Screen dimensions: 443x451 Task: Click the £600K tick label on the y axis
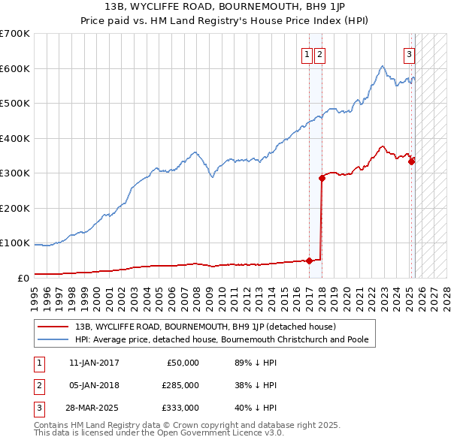(x=15, y=68)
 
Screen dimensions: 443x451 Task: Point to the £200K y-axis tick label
(x=15, y=208)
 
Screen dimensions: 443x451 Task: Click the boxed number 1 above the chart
(x=307, y=53)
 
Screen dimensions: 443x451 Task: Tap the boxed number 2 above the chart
(x=319, y=53)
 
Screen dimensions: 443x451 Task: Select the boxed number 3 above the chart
(x=409, y=53)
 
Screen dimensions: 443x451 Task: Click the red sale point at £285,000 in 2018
(x=322, y=178)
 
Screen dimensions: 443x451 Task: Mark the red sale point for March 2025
(x=412, y=161)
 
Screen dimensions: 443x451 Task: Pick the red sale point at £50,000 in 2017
(x=309, y=261)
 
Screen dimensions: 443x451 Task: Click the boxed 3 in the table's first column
(x=38, y=408)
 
